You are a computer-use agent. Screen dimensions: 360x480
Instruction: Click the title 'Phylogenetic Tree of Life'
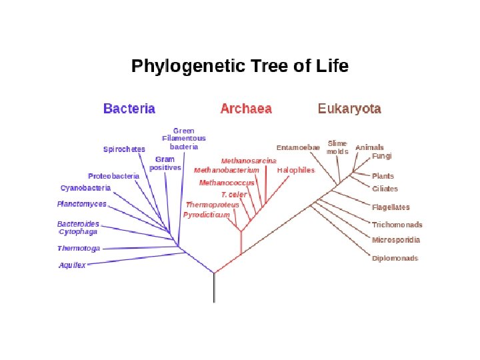(239, 67)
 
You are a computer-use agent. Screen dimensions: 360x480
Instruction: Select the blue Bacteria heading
(129, 109)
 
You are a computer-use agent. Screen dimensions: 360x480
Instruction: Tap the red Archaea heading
(246, 109)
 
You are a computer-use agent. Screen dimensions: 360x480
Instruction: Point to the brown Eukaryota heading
(349, 109)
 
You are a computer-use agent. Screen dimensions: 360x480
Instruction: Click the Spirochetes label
(124, 149)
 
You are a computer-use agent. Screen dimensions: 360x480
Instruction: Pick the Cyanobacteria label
(85, 189)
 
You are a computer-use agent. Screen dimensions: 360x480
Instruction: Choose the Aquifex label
(72, 265)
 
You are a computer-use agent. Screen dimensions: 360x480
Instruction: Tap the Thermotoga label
(79, 249)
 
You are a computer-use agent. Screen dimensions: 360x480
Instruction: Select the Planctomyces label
(81, 204)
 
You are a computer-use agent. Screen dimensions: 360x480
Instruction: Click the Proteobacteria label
(113, 176)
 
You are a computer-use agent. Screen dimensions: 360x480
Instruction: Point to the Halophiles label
(295, 171)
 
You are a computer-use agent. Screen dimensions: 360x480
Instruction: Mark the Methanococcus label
(227, 183)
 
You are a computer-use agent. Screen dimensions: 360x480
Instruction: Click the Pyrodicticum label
(206, 215)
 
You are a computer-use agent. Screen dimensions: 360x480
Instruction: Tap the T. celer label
(234, 195)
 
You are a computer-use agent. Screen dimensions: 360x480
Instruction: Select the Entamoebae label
(298, 147)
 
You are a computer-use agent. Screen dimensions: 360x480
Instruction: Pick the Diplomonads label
(395, 258)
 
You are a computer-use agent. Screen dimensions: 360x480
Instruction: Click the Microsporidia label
(396, 240)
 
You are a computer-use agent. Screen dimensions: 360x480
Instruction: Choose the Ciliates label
(385, 189)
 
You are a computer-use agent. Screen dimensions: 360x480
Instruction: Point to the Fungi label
(382, 156)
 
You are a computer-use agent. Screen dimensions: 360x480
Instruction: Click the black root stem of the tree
(214, 288)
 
